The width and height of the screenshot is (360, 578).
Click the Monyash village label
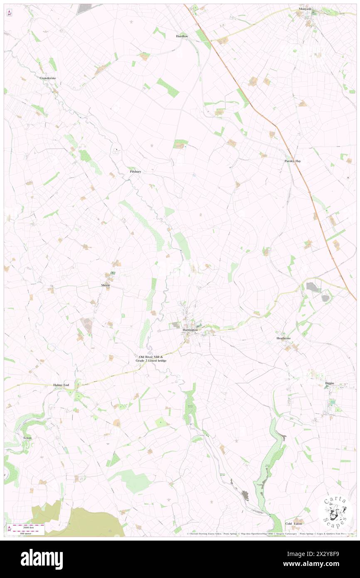tap(305, 9)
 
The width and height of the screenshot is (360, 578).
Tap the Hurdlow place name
tap(182, 37)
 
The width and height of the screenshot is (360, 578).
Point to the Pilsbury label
tap(136, 171)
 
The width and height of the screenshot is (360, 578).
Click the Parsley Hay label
tap(293, 161)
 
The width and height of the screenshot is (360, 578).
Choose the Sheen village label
tap(106, 285)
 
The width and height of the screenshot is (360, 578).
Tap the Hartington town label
tap(191, 330)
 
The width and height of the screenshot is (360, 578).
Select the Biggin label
tap(330, 383)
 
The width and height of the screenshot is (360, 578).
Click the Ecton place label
tap(27, 438)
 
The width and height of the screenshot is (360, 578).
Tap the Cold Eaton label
tap(294, 524)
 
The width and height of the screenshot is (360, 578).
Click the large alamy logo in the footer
tap(42, 559)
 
